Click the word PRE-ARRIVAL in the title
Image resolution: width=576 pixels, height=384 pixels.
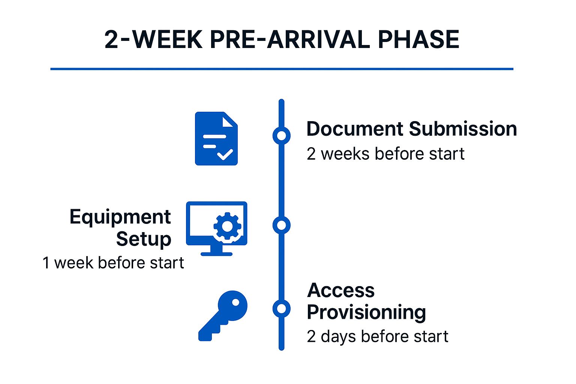tap(289, 39)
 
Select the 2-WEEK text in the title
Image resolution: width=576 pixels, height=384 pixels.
tap(154, 39)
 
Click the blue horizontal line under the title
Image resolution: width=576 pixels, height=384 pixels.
tap(282, 69)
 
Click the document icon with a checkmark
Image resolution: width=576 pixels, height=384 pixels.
tap(216, 138)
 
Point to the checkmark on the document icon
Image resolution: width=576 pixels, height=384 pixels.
tap(225, 154)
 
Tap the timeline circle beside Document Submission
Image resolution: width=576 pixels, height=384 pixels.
tap(282, 135)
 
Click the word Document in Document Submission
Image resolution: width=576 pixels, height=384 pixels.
tap(355, 129)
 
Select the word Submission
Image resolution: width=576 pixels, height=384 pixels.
tap(463, 129)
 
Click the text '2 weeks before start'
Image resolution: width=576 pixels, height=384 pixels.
tap(385, 154)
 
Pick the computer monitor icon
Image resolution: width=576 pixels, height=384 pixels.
tap(216, 228)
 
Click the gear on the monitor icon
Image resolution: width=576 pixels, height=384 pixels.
tap(227, 226)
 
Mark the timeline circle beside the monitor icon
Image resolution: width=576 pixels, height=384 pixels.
tap(282, 225)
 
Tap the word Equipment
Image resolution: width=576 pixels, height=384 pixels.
tap(120, 217)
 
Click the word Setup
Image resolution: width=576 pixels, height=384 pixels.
tap(144, 239)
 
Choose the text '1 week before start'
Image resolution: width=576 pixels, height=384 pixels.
tap(113, 263)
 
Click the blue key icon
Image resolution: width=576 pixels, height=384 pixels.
tap(223, 315)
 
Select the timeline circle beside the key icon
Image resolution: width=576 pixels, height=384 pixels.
tap(282, 309)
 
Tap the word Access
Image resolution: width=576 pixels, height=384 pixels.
tap(341, 290)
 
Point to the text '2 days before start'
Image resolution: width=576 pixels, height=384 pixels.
tap(377, 336)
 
